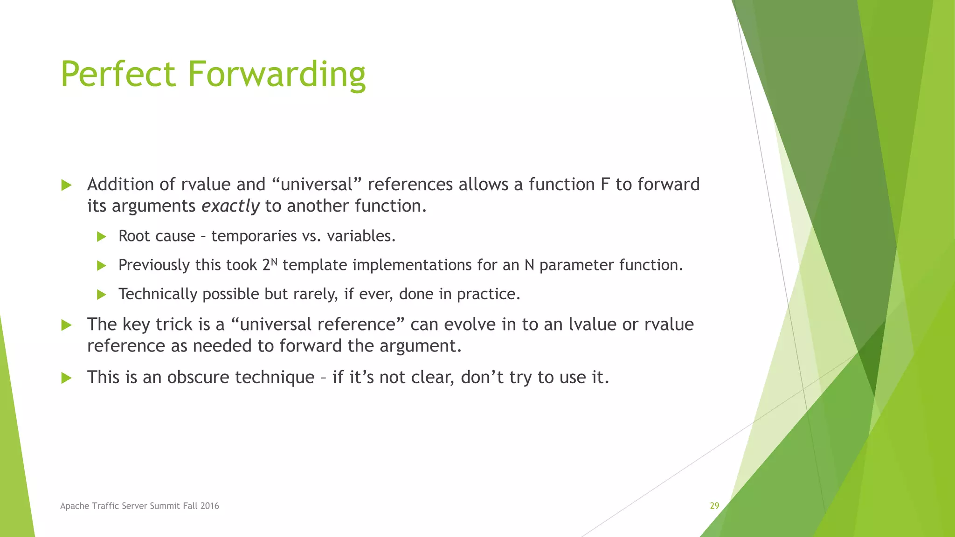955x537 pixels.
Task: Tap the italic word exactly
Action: click(x=230, y=206)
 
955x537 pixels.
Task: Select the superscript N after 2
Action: click(x=274, y=262)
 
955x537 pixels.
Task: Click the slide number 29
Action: click(x=714, y=506)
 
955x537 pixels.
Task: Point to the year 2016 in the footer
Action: click(x=210, y=506)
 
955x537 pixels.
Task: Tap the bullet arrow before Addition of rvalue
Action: click(x=66, y=185)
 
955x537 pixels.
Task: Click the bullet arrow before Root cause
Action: click(x=101, y=237)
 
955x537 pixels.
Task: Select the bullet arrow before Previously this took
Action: click(x=101, y=266)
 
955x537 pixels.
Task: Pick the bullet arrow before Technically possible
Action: click(x=101, y=295)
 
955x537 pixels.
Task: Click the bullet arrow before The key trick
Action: click(x=66, y=325)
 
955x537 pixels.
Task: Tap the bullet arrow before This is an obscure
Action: click(x=66, y=378)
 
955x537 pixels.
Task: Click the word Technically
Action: click(x=158, y=294)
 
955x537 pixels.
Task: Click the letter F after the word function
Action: click(x=605, y=185)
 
